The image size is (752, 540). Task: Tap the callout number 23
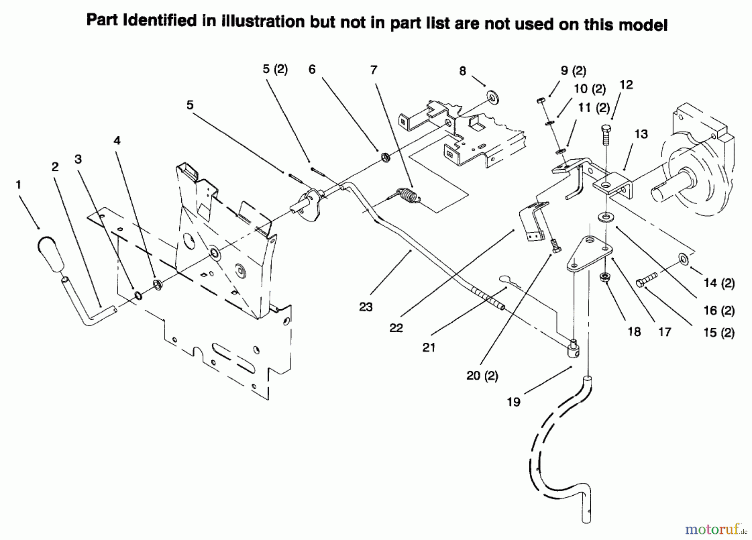click(x=366, y=307)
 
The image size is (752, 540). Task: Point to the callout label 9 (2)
click(x=573, y=71)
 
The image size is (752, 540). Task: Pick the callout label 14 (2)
click(x=719, y=283)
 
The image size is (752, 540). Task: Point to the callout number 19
click(x=513, y=402)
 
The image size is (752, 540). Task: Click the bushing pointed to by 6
click(x=385, y=158)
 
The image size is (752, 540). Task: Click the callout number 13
click(x=641, y=134)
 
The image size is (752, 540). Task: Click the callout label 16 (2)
click(x=719, y=311)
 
